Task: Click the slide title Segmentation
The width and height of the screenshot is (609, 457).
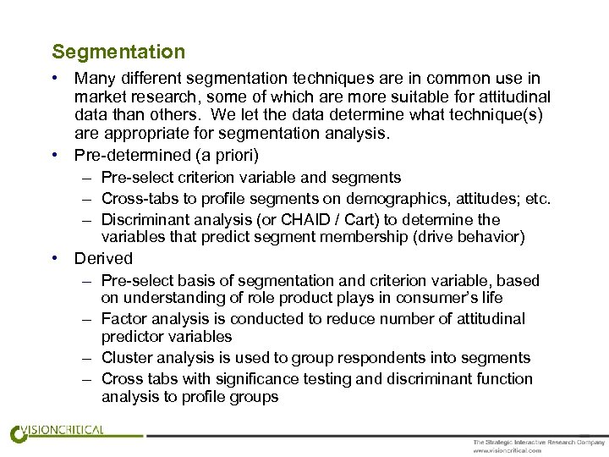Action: point(118,52)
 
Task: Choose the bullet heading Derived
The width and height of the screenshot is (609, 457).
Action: point(104,258)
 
